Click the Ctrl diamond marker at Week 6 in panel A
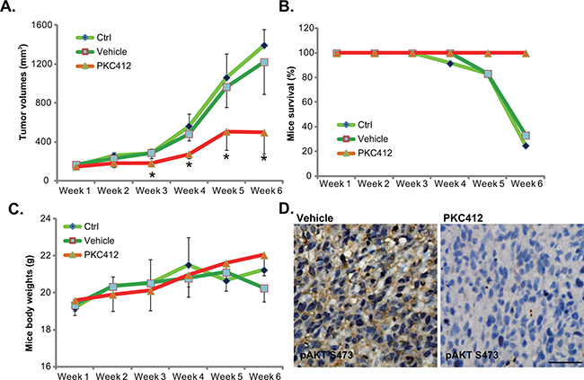(263, 45)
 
